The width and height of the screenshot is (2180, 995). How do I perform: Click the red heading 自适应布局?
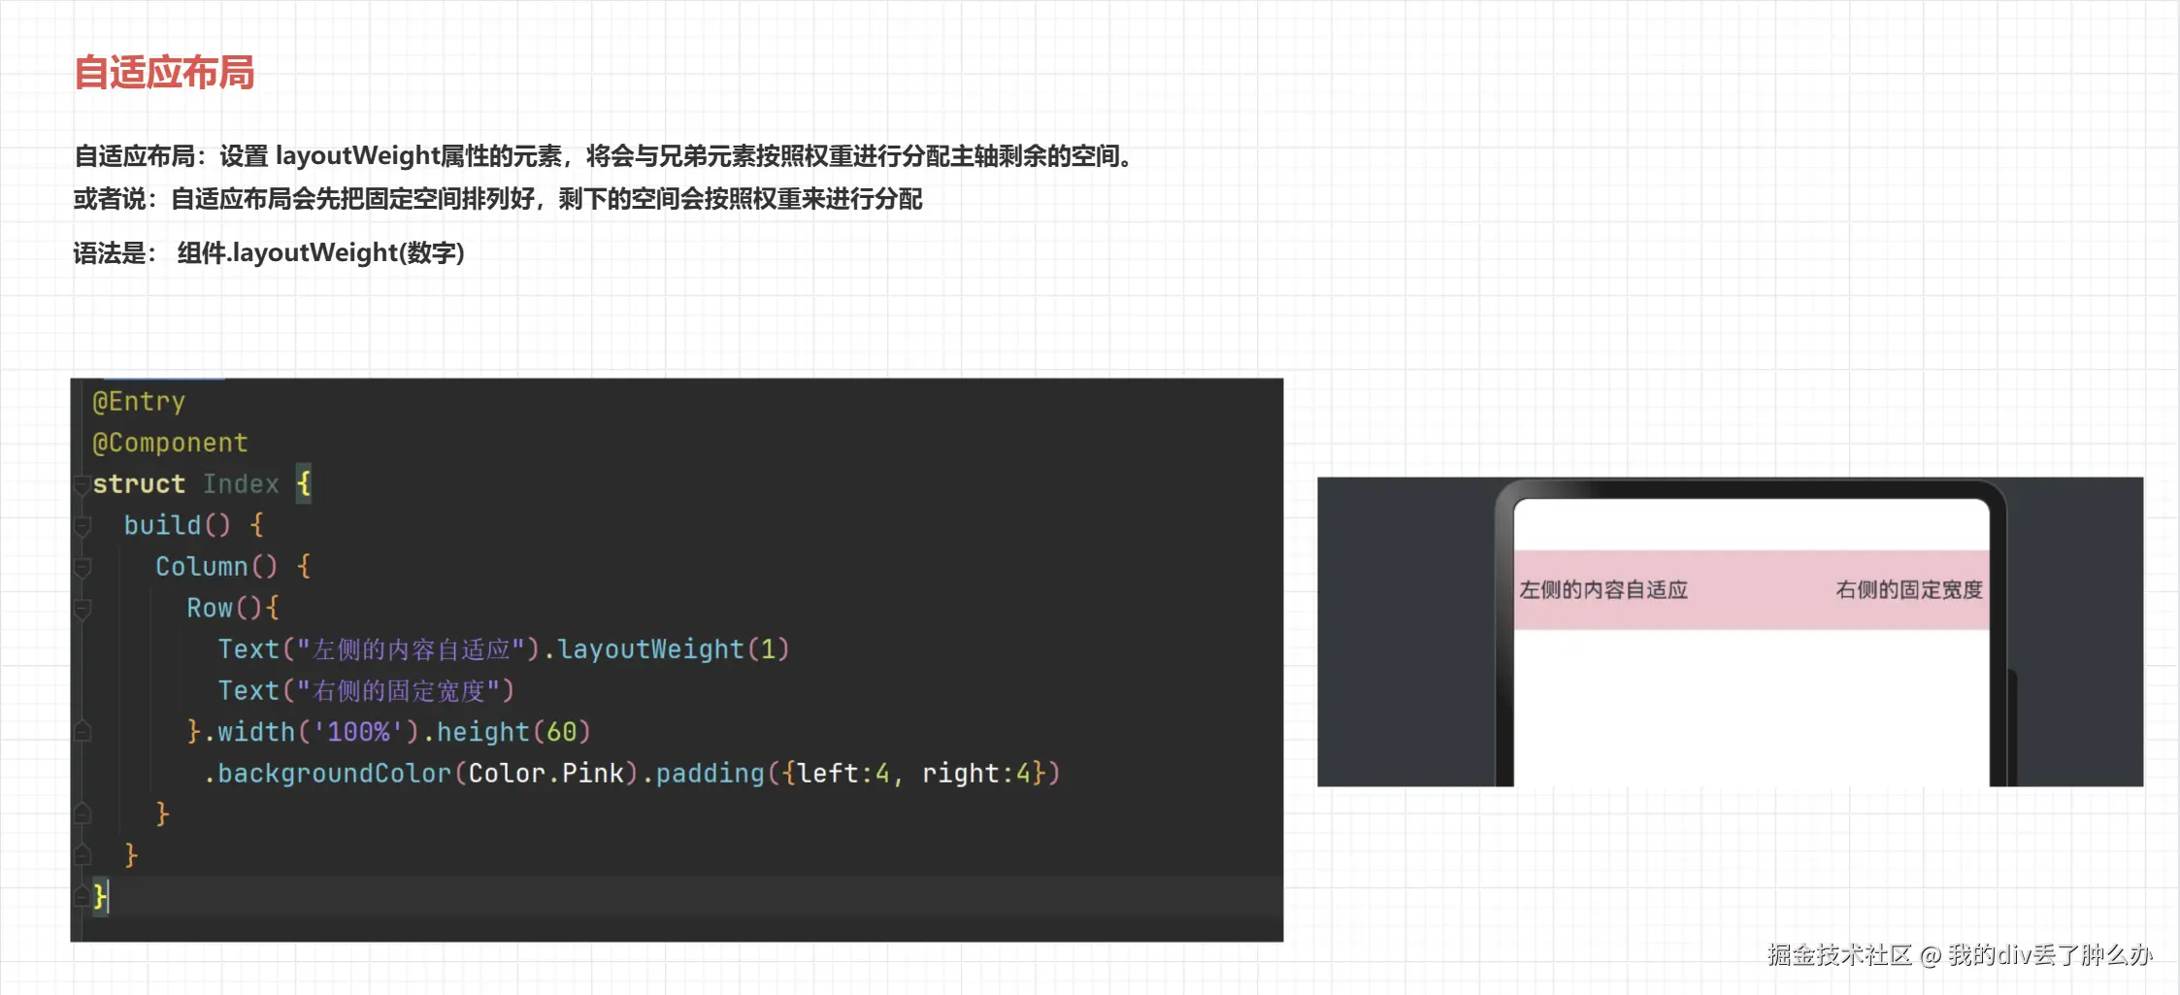pos(164,73)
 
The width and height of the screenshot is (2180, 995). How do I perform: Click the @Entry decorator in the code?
pos(138,401)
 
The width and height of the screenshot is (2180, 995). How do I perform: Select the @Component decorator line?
pos(170,443)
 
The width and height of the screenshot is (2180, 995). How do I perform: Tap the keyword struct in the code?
pos(139,483)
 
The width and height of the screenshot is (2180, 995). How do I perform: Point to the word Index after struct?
pos(241,483)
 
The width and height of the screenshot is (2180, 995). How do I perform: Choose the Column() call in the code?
pos(216,566)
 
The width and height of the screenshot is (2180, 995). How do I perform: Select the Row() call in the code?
pos(224,608)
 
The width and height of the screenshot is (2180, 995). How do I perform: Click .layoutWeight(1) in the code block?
pos(667,648)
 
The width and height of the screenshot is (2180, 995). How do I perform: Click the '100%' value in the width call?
pos(358,731)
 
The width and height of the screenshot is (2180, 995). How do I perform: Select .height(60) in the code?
pos(507,731)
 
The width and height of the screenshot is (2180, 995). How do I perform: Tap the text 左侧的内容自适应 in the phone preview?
pos(1603,590)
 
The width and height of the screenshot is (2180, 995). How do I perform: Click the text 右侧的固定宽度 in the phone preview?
pos(1909,590)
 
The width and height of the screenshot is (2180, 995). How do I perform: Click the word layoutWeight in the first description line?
pos(357,156)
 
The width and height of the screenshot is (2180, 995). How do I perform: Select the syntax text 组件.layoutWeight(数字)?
pos(321,253)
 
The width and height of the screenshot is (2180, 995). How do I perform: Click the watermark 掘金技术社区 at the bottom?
pos(1839,955)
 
